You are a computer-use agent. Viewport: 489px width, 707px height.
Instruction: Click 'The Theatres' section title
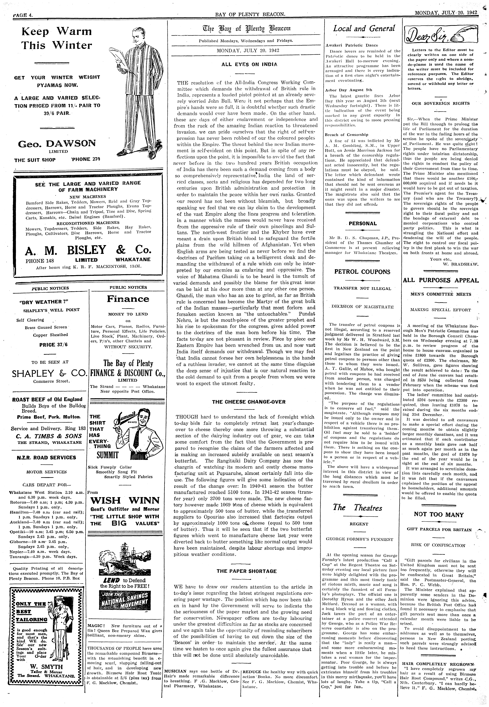point(357,508)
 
